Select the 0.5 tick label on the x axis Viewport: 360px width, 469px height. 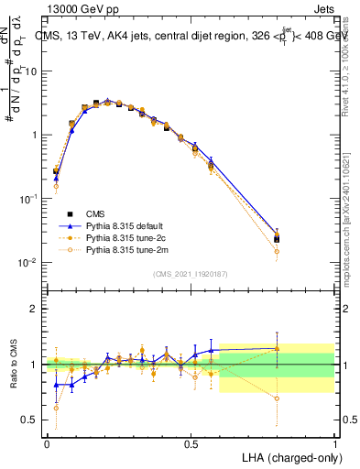pyautogui.click(x=191, y=444)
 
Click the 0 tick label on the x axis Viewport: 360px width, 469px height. pyautogui.click(x=47, y=444)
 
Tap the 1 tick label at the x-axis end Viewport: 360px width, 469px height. pyautogui.click(x=334, y=444)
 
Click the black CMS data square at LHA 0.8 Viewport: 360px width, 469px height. pyautogui.click(x=277, y=239)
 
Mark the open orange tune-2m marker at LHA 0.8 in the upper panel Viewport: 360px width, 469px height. pyautogui.click(x=277, y=251)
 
